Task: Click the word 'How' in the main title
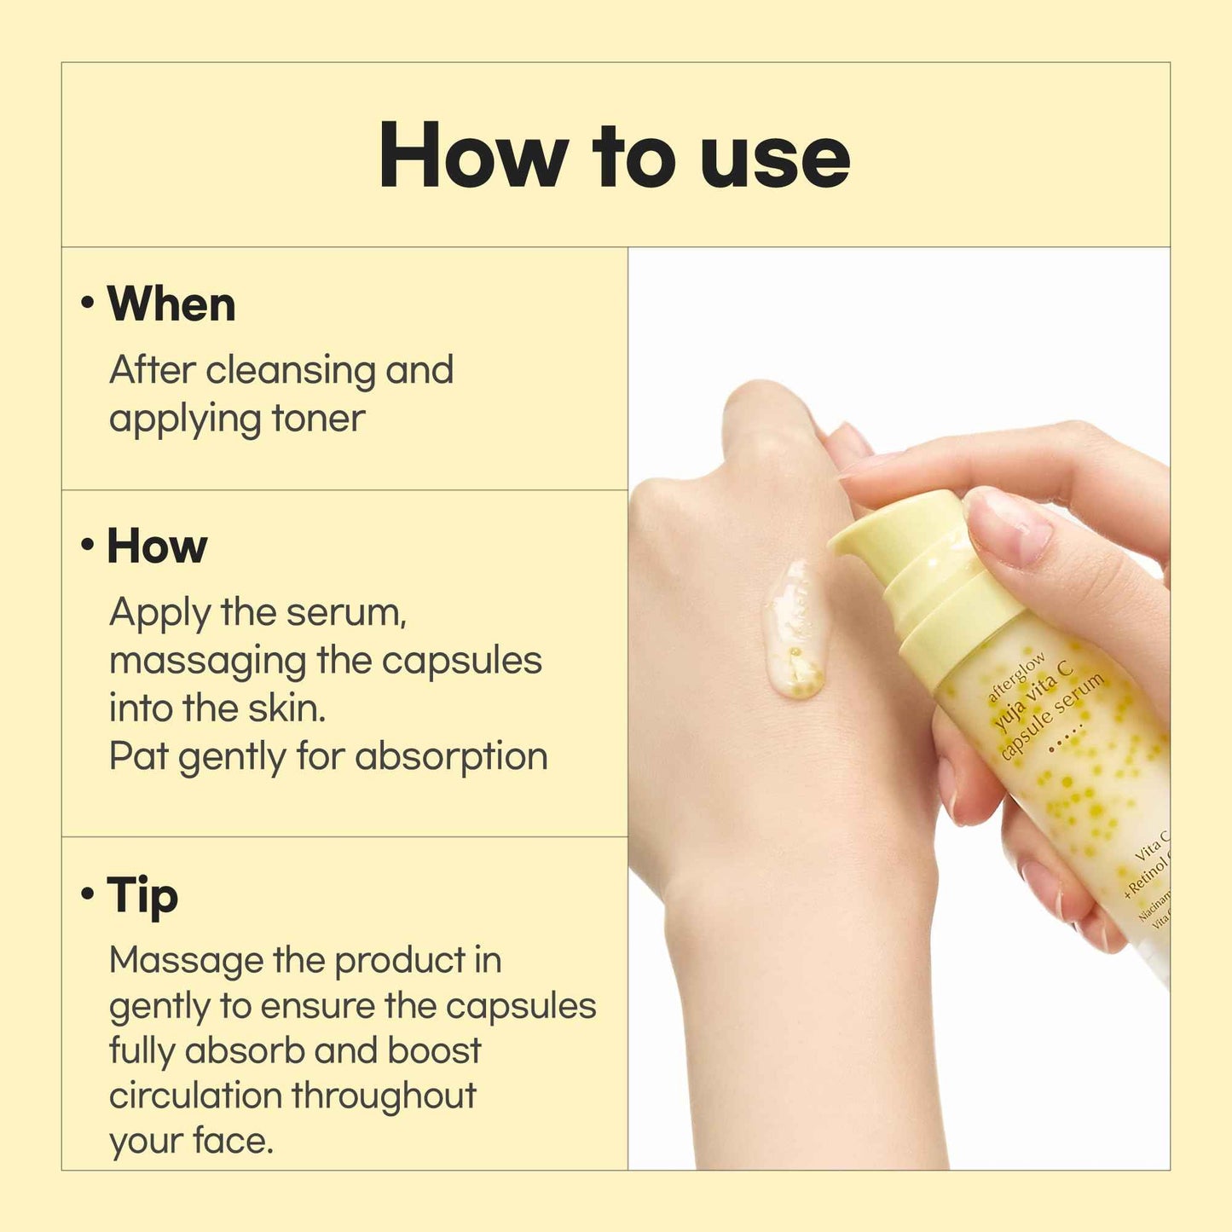(473, 156)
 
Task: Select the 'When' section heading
(171, 304)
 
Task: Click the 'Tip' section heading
(142, 895)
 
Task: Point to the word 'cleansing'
(290, 371)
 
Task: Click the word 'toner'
(318, 419)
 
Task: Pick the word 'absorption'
(451, 756)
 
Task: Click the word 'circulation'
(195, 1096)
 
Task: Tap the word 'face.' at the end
(232, 1141)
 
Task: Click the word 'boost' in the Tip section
(434, 1050)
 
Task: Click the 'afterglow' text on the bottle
(1015, 678)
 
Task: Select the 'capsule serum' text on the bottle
(1053, 716)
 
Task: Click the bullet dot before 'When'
(87, 303)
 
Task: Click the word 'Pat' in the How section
(138, 756)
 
